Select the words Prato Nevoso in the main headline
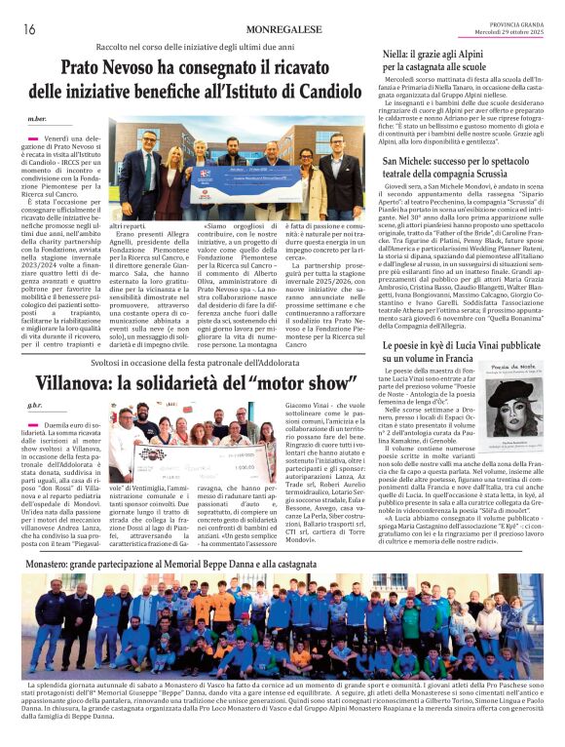(x=113, y=70)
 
